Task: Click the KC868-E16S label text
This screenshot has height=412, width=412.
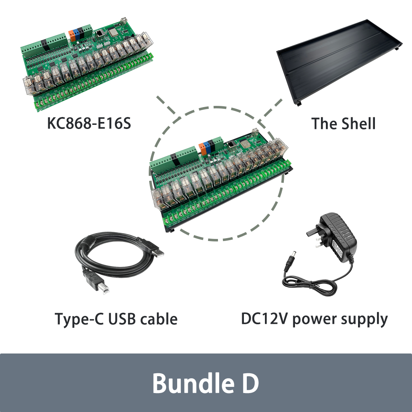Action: coord(89,123)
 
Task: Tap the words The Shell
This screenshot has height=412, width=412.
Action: coord(343,123)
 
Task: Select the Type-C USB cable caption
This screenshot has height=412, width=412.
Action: coord(116,318)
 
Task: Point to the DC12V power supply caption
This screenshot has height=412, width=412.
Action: coord(314,318)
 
